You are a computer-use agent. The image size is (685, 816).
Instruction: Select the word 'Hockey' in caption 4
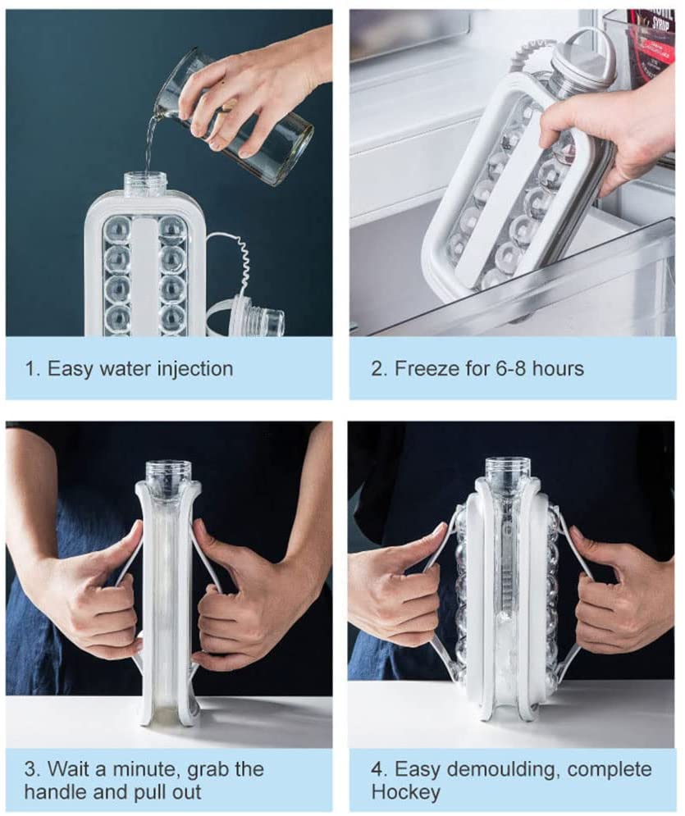pyautogui.click(x=405, y=792)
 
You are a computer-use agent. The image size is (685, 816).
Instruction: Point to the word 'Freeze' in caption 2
pyautogui.click(x=422, y=368)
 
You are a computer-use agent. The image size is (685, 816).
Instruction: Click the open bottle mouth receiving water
pyautogui.click(x=146, y=182)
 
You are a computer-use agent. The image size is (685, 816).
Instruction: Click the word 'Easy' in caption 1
pyautogui.click(x=71, y=370)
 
